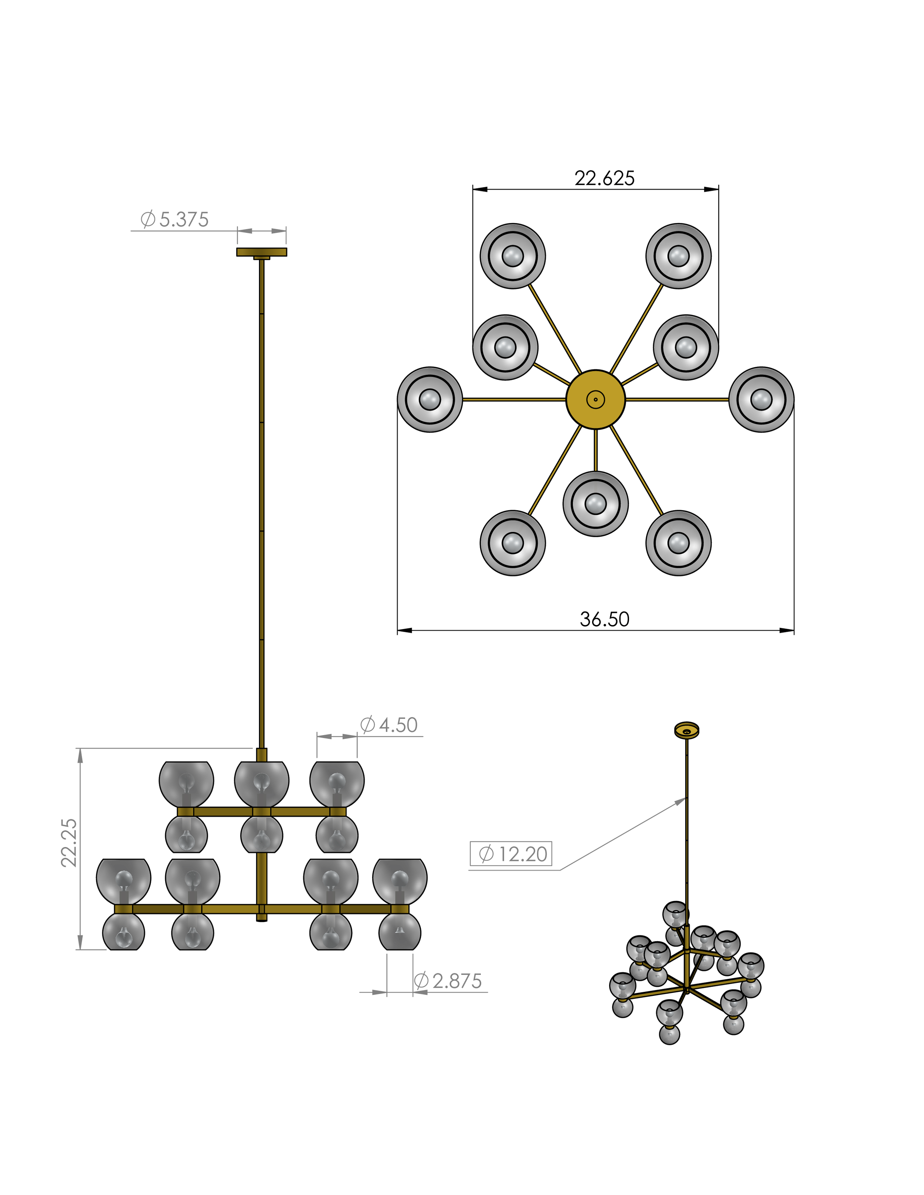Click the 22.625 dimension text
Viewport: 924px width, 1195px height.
point(604,178)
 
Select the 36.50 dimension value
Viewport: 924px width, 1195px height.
point(604,619)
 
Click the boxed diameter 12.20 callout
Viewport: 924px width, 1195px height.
point(511,854)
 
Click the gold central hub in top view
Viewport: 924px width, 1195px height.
point(595,399)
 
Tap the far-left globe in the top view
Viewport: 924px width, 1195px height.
point(430,399)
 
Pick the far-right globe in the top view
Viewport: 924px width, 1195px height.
point(761,399)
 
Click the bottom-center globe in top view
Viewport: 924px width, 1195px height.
point(595,503)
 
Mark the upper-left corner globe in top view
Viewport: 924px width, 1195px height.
point(513,256)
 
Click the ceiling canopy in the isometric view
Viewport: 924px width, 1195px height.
point(686,730)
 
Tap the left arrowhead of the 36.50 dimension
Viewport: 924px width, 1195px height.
point(401,630)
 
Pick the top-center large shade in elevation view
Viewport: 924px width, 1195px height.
point(262,783)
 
